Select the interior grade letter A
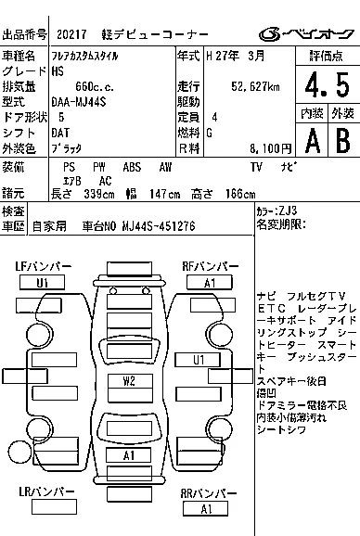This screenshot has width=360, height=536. point(311,138)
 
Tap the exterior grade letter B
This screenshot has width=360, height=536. point(341,138)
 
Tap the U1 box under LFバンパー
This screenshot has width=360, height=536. point(43,282)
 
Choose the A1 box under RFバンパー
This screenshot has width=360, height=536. point(210,282)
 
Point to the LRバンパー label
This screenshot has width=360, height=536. point(43,493)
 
